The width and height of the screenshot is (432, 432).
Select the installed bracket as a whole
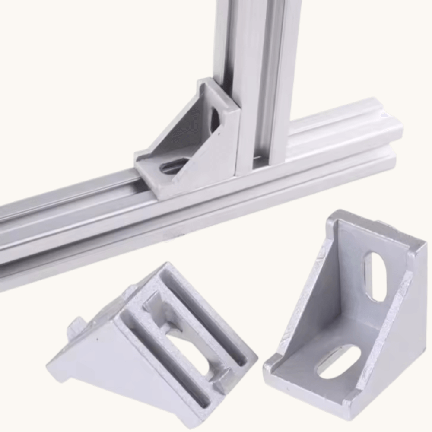[x=190, y=138]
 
